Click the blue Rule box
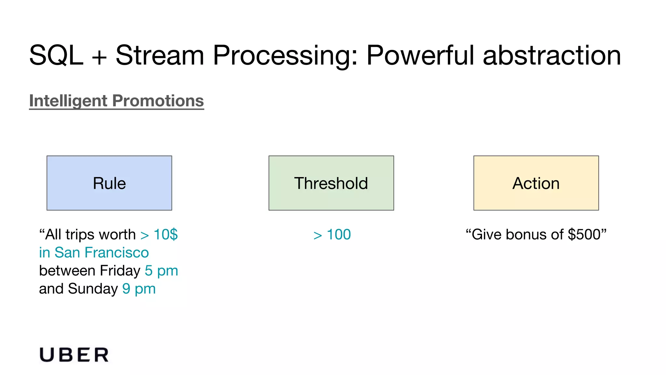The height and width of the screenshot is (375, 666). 109,183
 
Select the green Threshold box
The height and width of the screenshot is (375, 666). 331,183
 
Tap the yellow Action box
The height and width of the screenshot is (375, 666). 536,183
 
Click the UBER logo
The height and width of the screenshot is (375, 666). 74,355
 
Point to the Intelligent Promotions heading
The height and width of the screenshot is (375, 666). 116,101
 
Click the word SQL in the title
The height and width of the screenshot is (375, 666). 56,55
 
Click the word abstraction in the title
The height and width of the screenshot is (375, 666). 552,55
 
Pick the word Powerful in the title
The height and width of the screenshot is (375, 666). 420,55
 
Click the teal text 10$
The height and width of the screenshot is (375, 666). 166,234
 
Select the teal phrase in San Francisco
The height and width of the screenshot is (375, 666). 94,253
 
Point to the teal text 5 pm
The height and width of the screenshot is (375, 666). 161,271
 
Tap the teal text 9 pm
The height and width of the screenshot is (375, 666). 139,289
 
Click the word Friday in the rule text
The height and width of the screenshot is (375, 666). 120,271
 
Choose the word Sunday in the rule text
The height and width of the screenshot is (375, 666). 93,289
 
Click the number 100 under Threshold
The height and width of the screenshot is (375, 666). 339,234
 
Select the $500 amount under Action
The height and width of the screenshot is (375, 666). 584,234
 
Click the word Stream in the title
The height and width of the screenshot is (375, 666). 160,55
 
